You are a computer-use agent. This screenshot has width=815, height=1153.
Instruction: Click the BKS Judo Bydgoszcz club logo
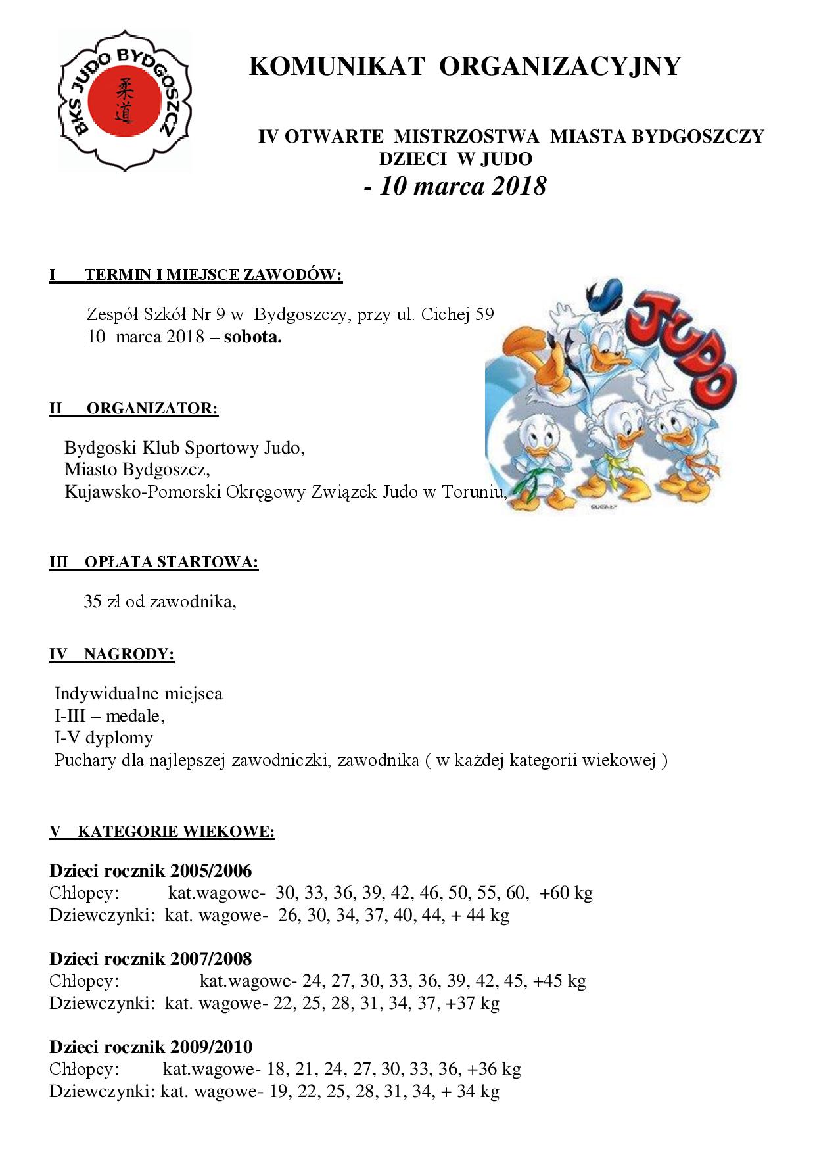(x=124, y=101)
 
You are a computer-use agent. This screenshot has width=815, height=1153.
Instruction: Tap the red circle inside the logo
(x=125, y=101)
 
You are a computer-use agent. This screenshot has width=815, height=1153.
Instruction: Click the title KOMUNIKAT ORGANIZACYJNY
(x=465, y=66)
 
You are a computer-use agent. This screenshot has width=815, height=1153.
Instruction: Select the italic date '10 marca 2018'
(x=463, y=186)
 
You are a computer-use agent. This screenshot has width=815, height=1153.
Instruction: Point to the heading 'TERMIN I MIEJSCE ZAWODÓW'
(x=213, y=275)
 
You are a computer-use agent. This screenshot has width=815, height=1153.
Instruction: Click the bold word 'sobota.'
(x=252, y=337)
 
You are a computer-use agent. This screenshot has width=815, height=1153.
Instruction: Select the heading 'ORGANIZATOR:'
(x=152, y=408)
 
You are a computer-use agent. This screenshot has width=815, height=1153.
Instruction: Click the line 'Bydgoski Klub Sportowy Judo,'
(x=184, y=448)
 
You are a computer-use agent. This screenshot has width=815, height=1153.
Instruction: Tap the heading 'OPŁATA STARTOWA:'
(x=171, y=563)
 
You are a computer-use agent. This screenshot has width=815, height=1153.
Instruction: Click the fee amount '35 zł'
(x=102, y=601)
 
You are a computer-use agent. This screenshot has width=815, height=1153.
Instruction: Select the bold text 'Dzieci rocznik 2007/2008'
(x=151, y=959)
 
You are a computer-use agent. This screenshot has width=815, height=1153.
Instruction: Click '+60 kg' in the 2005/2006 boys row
(x=566, y=893)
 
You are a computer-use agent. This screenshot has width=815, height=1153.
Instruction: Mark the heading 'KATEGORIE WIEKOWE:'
(x=175, y=832)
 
